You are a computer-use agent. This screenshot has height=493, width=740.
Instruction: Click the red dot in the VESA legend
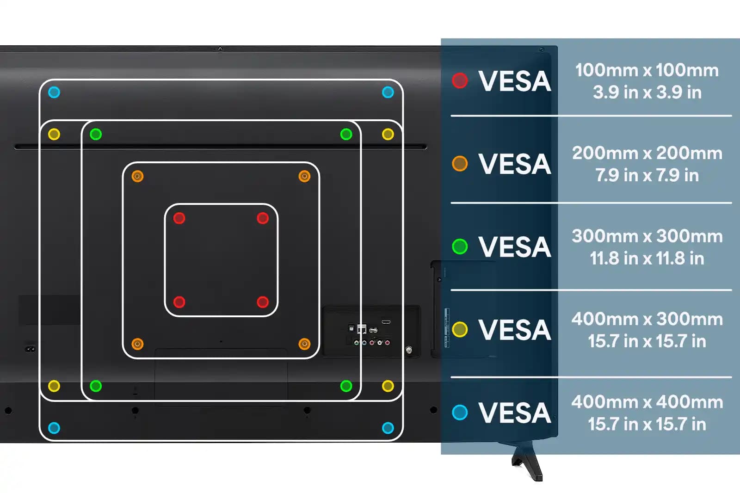pyautogui.click(x=460, y=80)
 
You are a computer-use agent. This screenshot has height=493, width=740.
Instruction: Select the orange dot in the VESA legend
pyautogui.click(x=460, y=163)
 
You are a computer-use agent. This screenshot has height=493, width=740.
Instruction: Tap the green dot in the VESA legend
pyautogui.click(x=460, y=246)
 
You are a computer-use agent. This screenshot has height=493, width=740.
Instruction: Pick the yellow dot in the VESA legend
pyautogui.click(x=460, y=329)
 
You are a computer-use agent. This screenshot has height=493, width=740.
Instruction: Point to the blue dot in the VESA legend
pyautogui.click(x=460, y=412)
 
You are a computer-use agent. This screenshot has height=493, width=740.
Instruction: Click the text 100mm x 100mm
pyautogui.click(x=647, y=70)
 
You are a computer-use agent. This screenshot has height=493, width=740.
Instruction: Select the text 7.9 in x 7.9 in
pyautogui.click(x=647, y=175)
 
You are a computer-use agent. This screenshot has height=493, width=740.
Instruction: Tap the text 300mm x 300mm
pyautogui.click(x=647, y=236)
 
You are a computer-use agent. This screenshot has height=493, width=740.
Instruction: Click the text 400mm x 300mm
pyautogui.click(x=647, y=319)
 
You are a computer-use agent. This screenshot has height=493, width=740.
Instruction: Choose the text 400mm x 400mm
pyautogui.click(x=647, y=402)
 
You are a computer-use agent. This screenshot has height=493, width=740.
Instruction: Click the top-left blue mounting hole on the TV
pyautogui.click(x=54, y=92)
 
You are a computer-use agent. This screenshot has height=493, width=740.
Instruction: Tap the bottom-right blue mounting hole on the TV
pyautogui.click(x=388, y=428)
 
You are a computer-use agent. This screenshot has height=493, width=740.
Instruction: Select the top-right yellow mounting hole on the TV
pyautogui.click(x=388, y=134)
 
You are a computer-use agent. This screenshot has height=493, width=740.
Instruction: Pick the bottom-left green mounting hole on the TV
pyautogui.click(x=96, y=386)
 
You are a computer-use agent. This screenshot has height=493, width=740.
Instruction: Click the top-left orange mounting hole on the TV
pyautogui.click(x=137, y=176)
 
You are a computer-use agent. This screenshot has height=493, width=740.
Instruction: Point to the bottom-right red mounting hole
pyautogui.click(x=263, y=302)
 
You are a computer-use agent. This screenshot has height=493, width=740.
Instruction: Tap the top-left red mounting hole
pyautogui.click(x=179, y=218)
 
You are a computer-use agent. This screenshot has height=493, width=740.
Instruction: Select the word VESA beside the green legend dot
pyautogui.click(x=514, y=246)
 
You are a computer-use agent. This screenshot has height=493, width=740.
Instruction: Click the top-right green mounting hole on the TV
pyautogui.click(x=346, y=134)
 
